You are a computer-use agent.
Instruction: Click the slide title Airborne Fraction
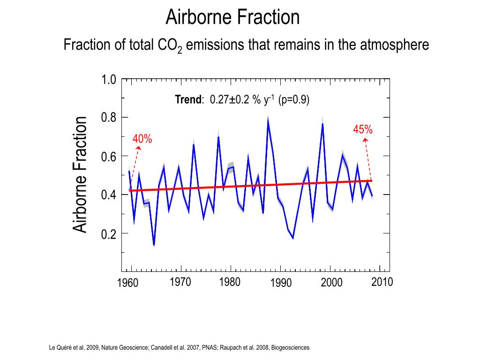pos(232,17)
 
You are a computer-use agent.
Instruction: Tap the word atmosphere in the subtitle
pos(395,45)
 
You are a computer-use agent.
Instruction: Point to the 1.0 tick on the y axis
pos(109,79)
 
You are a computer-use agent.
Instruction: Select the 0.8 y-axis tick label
pos(109,118)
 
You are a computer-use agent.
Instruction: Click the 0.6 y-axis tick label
pos(109,157)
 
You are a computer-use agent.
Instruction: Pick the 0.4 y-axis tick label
pos(109,195)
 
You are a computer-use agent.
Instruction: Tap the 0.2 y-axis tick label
pos(109,234)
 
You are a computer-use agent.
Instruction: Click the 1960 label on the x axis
pos(127,283)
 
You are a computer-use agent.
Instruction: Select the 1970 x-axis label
pos(180,282)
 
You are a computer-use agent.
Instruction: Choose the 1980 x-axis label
pos(230,282)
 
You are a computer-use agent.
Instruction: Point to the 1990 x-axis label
pos(281,283)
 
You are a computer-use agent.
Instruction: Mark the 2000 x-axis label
pos(331,283)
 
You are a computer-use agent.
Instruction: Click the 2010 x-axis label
pos(382,282)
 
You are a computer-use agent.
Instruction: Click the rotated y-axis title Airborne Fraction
pos(80,174)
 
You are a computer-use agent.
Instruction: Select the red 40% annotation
pos(142,139)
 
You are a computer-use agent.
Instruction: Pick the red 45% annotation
pos(363,130)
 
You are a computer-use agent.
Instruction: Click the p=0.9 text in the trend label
pos(294,100)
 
